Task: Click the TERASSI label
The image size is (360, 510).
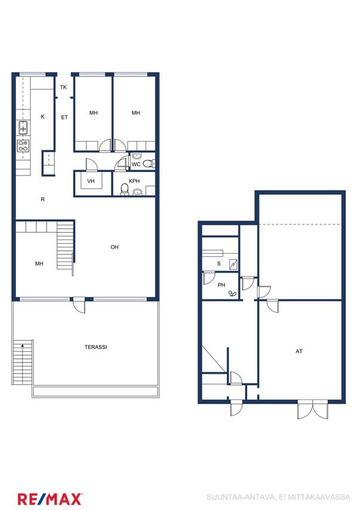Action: click(x=96, y=347)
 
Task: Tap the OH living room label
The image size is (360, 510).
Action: click(x=115, y=247)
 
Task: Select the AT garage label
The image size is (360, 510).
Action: click(x=299, y=351)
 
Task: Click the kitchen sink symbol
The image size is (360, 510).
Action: click(x=23, y=127)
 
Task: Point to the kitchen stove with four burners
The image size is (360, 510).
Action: click(x=23, y=146)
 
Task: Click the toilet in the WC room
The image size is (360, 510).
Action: click(x=149, y=164)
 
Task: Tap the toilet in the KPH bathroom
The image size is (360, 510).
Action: click(x=125, y=189)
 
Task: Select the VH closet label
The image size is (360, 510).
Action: click(x=91, y=181)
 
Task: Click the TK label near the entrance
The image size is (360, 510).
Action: click(x=63, y=87)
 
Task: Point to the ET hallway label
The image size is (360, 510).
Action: click(x=64, y=117)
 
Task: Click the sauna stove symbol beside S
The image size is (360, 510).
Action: click(x=233, y=264)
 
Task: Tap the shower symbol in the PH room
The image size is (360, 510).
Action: click(x=232, y=294)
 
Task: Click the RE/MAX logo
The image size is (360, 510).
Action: click(x=50, y=499)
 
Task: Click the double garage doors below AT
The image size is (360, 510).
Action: click(x=313, y=410)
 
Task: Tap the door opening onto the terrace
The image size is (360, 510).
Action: click(x=79, y=305)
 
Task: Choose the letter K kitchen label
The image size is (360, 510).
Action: click(x=42, y=116)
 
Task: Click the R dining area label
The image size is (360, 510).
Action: click(x=42, y=199)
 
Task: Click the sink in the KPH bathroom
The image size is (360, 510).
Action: click(x=137, y=192)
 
